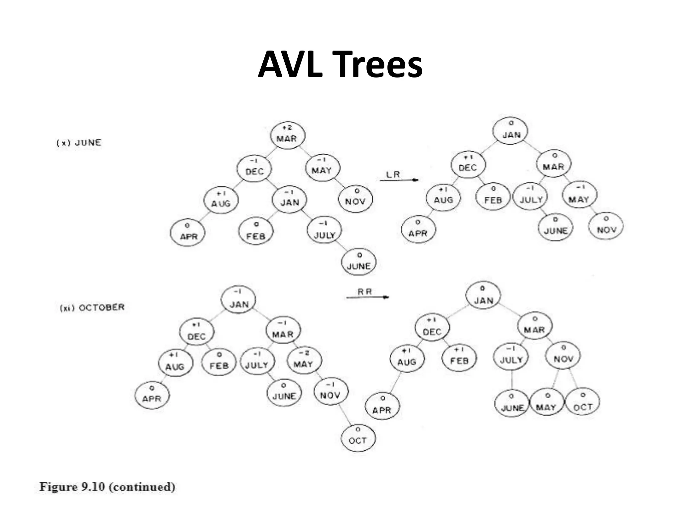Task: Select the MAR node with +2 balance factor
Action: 287,135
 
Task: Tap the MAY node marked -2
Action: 304,361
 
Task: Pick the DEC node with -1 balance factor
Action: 254,168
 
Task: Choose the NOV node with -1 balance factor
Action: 331,393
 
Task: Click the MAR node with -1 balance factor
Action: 283,331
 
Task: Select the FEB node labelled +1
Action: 459,358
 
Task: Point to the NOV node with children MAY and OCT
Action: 563,356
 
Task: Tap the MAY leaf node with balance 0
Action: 546,404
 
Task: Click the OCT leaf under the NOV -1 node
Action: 358,438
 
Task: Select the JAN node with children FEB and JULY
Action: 290,200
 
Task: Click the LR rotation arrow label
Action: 393,174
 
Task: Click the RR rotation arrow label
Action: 365,292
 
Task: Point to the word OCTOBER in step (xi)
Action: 101,307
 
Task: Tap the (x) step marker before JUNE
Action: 63,143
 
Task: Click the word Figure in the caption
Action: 59,487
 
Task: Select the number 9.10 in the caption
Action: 93,487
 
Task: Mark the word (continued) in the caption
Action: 142,487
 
